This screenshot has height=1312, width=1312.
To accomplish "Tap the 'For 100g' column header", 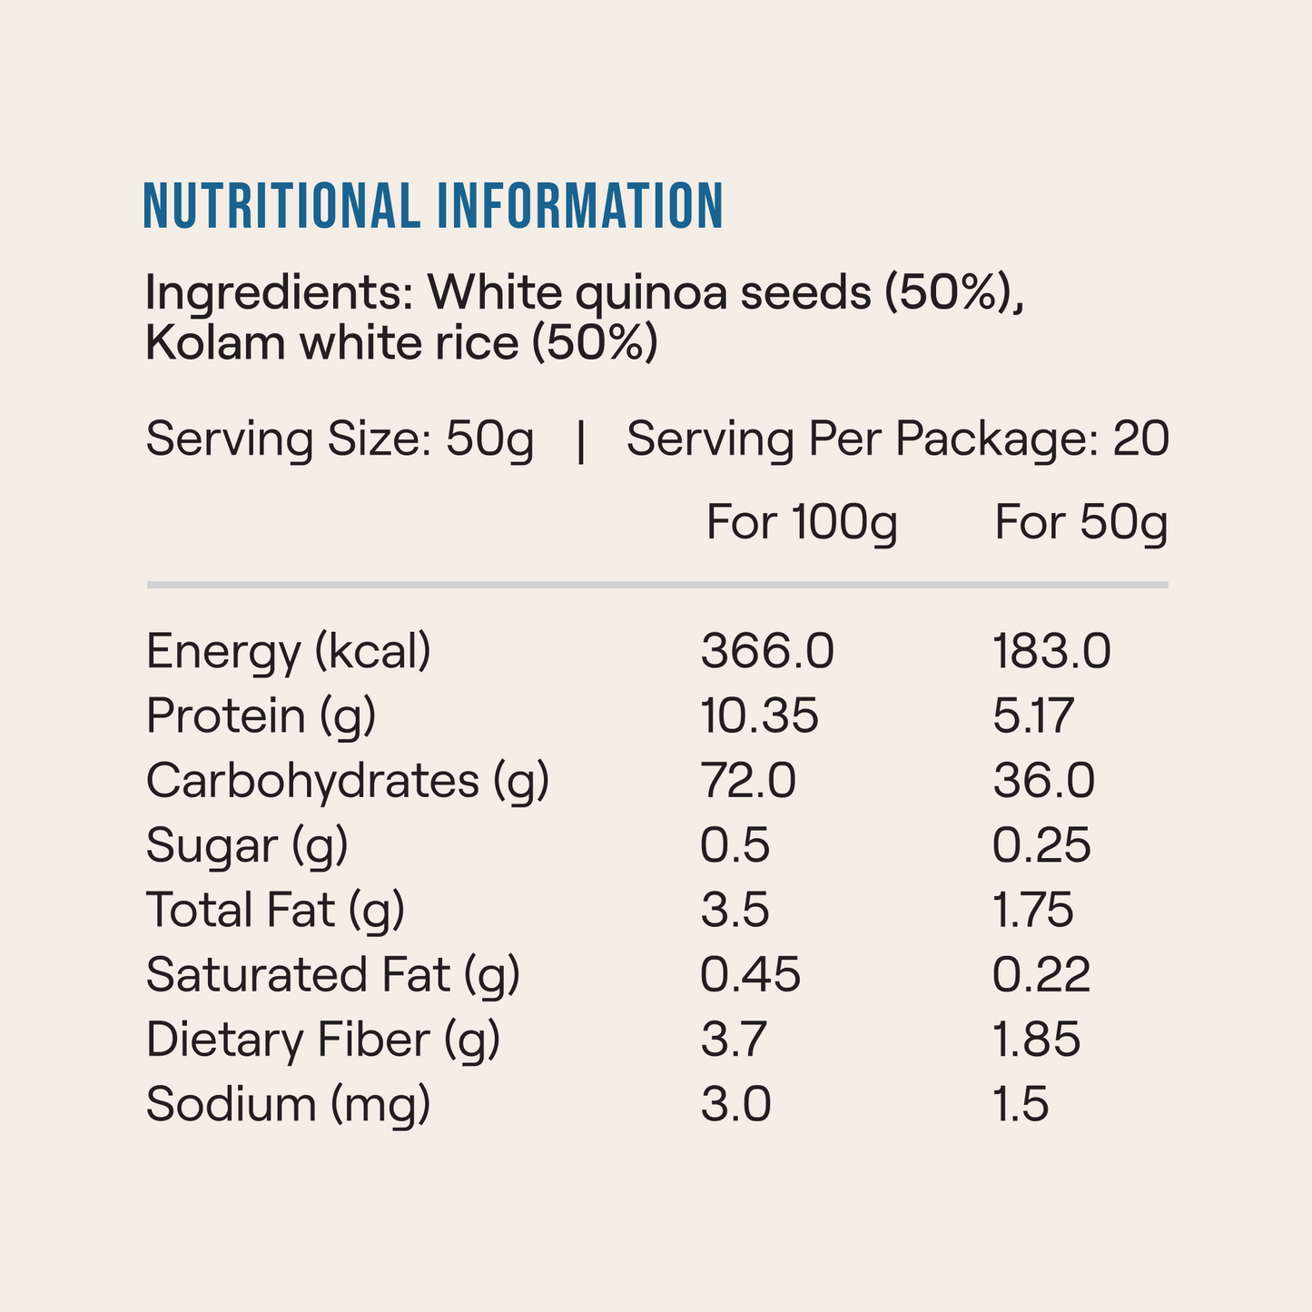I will click(802, 523).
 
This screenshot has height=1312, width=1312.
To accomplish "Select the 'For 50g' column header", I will click(1080, 523).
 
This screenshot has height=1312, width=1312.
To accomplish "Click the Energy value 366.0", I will click(767, 652).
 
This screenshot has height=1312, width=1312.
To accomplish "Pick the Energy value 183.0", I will click(1051, 652).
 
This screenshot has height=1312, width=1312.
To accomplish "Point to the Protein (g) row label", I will click(261, 716).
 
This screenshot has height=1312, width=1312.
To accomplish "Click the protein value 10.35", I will click(760, 716).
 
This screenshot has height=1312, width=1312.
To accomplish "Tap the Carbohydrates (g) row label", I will click(348, 781).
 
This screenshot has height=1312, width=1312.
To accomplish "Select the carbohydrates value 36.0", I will click(1044, 781).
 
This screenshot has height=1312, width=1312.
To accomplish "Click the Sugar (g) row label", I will click(247, 846).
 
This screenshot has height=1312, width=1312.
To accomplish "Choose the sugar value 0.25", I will click(1041, 846).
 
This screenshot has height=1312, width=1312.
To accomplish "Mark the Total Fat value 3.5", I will click(735, 911).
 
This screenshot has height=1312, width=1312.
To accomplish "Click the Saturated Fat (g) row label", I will click(333, 975).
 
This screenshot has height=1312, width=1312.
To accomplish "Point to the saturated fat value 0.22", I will click(1041, 975).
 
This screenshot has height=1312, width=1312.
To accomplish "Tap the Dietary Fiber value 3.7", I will click(735, 1040).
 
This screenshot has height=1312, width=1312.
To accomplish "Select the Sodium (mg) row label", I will click(288, 1105).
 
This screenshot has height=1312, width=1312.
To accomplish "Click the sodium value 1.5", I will click(1021, 1105).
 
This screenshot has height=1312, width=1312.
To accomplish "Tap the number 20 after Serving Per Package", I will click(1140, 439).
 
